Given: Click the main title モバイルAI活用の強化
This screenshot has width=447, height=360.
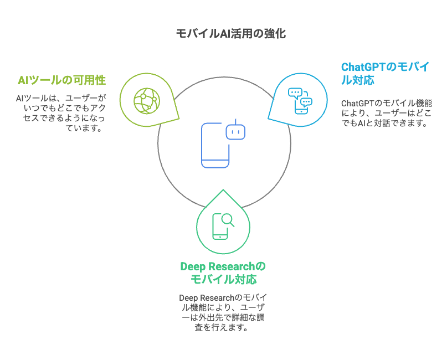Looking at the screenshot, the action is coord(231,34).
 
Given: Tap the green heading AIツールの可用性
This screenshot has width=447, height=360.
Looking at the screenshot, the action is coord(61,80).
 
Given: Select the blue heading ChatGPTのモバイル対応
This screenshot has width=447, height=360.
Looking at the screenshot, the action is coord(385,74).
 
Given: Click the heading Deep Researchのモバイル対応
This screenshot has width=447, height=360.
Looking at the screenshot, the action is coord(223,273).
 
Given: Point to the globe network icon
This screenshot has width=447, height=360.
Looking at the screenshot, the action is coord(147,101).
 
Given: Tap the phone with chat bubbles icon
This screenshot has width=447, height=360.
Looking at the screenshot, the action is coord(300,101).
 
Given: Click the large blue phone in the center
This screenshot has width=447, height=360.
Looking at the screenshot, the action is coord(215,145).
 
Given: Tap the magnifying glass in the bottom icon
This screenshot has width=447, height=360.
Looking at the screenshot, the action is coord(228,220).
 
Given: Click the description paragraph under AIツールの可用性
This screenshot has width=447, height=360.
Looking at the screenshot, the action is coord(61,113).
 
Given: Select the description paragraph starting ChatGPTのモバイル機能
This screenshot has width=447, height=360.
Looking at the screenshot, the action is coord(387,113).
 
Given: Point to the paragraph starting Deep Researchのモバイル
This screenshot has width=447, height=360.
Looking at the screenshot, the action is coord(223,313).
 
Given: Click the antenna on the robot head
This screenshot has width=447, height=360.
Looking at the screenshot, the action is coord(236,121).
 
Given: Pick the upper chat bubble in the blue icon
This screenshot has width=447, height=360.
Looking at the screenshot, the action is coord(295,93).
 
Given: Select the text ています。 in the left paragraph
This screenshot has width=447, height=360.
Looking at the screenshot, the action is coord(84,128).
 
